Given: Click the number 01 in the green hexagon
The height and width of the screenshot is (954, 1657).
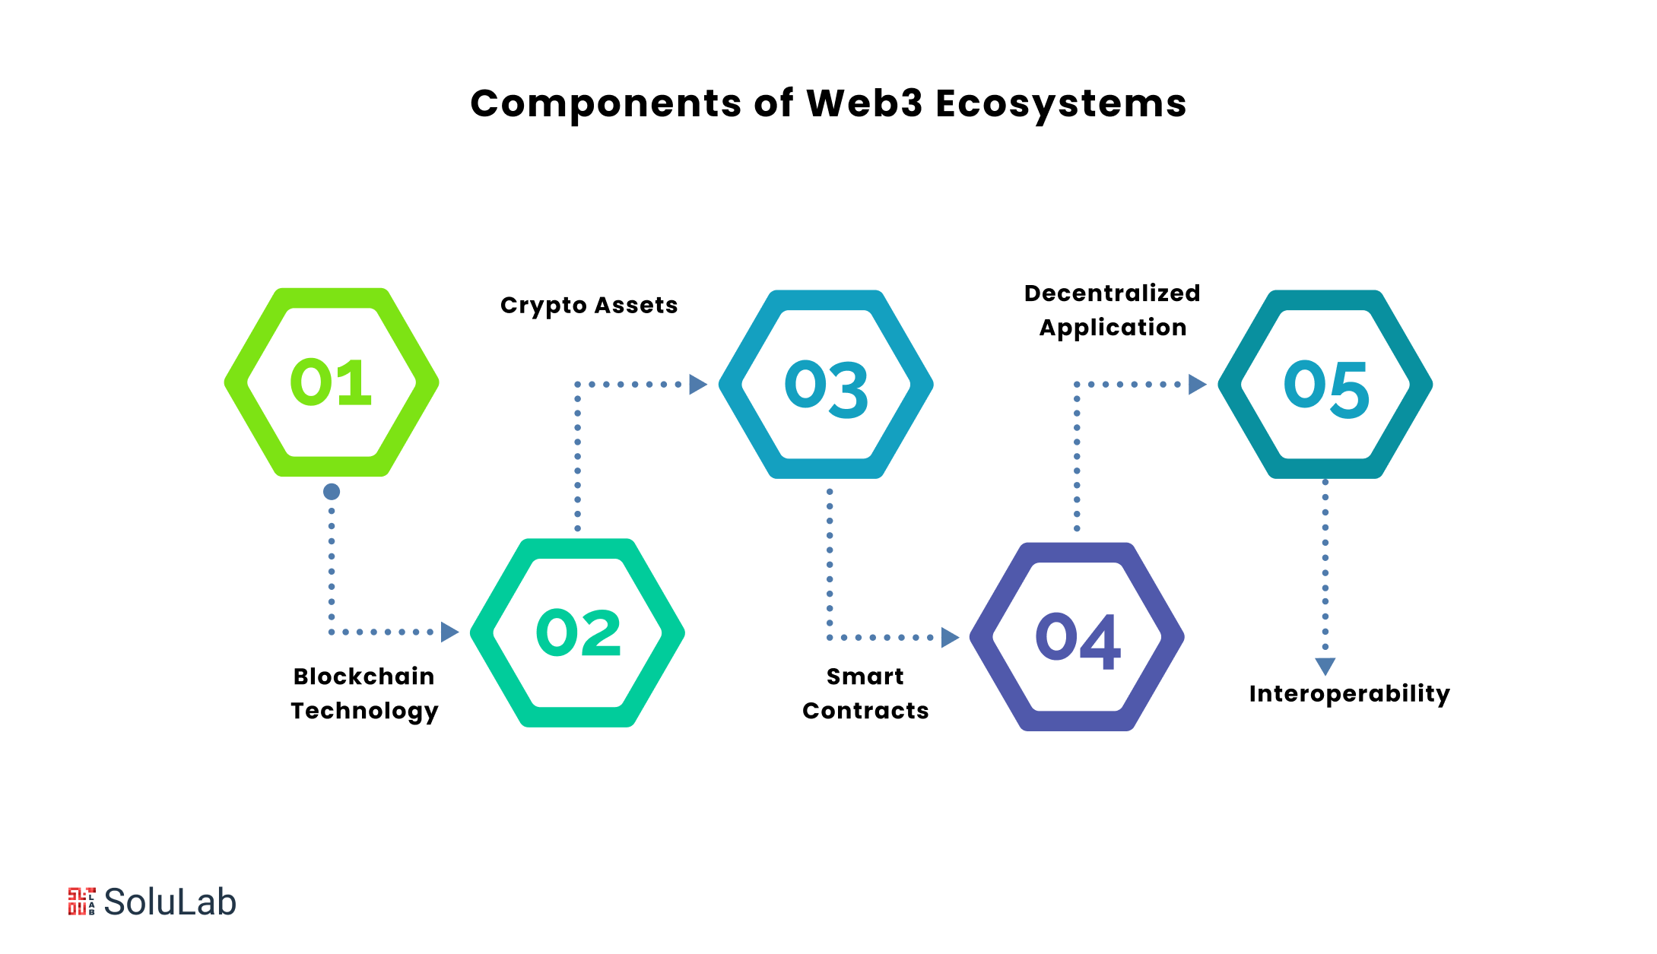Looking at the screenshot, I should coord(331,382).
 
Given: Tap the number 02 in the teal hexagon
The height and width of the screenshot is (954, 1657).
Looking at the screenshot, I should coord(578,632).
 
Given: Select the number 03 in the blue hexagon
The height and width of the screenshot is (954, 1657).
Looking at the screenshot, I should coord(826,388).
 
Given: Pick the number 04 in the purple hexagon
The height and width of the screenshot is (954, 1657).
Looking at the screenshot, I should coord(1078,640).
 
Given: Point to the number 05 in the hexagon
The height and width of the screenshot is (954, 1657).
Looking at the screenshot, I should coord(1326,388).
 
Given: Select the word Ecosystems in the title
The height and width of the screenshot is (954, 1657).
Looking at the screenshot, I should coord(1061,103).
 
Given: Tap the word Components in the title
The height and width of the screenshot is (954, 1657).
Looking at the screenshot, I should coord(605,103).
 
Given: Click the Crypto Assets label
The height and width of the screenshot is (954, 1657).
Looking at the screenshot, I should coord(589,306).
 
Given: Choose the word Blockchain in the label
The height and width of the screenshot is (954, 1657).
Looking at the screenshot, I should coord(363,677).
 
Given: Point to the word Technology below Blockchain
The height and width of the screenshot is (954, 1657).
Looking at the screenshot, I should coord(364,711).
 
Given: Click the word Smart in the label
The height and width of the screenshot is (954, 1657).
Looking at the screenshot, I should coord(865,677).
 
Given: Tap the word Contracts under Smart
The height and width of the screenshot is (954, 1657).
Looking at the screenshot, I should coord(865,711).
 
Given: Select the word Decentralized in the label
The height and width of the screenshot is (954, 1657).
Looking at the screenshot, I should coord(1112,293).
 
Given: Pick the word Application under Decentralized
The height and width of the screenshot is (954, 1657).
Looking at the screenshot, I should coord(1113,328).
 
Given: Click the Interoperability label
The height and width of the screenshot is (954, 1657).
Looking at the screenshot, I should coord(1349,694).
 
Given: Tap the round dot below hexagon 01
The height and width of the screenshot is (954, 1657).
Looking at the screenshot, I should coord(332,492).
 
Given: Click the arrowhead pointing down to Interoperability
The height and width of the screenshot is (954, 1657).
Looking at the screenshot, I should coord(1325,666).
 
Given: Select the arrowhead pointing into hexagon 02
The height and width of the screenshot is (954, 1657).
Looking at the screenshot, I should coord(449,632).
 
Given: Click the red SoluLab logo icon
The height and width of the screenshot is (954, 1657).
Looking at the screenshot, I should coord(81,902).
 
